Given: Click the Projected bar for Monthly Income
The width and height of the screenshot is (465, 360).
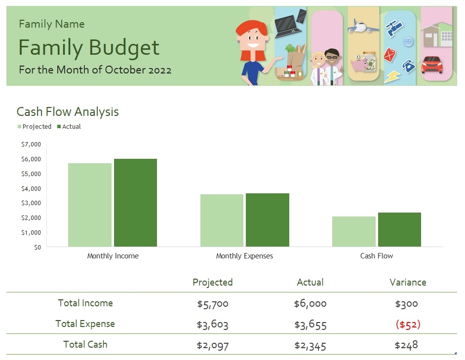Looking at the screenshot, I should pos(89,205).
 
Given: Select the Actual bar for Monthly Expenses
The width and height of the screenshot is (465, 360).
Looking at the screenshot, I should pos(267,220).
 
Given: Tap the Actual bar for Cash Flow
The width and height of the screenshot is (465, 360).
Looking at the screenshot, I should pos(399,229).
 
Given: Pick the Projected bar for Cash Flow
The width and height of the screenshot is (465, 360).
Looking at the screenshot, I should pos(353,231).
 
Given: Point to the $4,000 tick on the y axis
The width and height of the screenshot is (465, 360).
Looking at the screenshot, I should pos(31,188).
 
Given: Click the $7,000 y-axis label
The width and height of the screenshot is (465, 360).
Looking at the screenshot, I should pos(31,144).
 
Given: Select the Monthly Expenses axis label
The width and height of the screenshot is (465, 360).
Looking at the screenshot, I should pos(244,256).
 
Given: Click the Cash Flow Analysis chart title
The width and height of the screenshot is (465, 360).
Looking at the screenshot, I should pos(68,112).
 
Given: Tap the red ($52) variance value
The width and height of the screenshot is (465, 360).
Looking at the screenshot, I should pos(408,324).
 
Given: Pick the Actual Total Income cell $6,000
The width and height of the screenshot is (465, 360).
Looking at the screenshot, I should pos(310,304).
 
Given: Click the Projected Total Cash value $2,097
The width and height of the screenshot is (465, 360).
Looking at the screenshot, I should pos(213,345).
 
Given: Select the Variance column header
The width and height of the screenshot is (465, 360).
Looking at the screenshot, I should pos(408,283).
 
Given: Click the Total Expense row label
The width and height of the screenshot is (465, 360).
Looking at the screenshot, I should pos(85,324).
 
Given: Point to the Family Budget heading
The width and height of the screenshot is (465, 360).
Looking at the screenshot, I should pos(89,48).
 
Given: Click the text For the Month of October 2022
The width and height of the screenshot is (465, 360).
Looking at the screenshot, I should pos(95,70).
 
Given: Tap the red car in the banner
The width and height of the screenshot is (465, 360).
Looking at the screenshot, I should pos(432,64).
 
